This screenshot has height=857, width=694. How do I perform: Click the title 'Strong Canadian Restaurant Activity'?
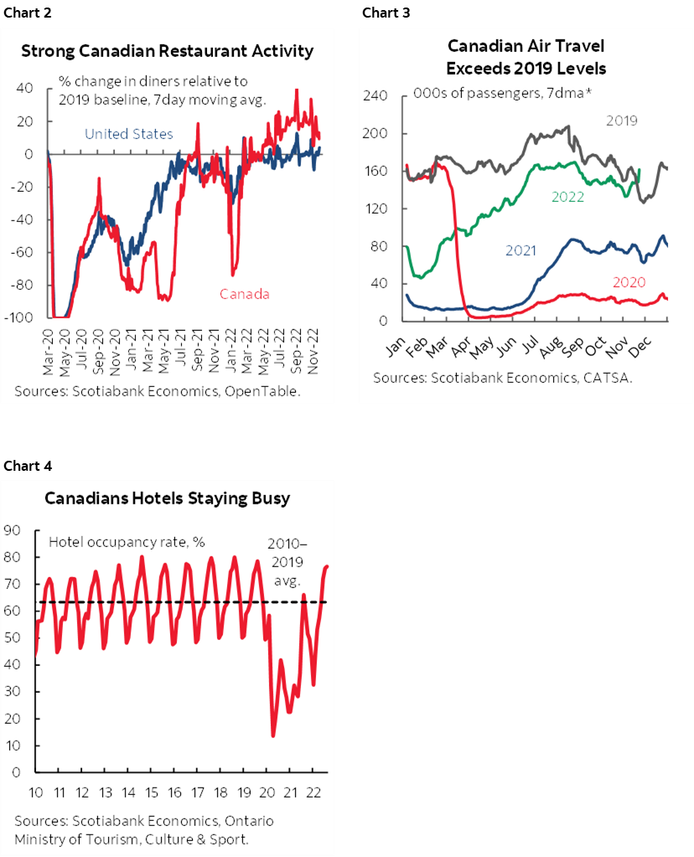click(x=168, y=51)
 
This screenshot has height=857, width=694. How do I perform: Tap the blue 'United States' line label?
click(x=129, y=134)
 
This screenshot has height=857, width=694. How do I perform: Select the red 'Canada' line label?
click(x=245, y=293)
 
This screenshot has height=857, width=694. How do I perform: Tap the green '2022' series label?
click(x=567, y=197)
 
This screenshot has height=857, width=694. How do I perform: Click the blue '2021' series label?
click(x=521, y=249)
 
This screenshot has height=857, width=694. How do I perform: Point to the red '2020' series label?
click(x=629, y=282)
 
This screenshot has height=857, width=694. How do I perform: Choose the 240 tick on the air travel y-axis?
click(x=375, y=96)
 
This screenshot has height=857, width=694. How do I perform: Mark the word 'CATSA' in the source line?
click(x=610, y=378)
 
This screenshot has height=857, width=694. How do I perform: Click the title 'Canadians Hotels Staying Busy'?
click(x=167, y=498)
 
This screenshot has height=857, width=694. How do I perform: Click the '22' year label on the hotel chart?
click(x=313, y=792)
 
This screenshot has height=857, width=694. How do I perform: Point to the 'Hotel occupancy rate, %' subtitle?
click(x=127, y=542)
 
